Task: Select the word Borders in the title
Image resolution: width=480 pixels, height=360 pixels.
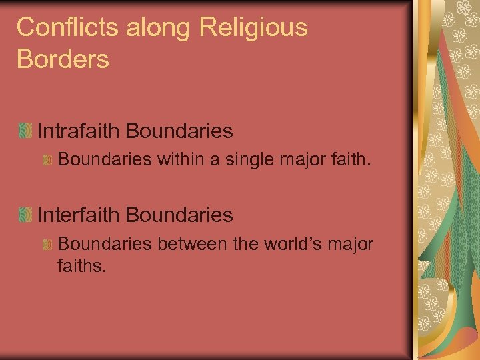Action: pos(63,59)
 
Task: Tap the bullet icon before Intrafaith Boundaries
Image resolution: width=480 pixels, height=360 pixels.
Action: pos(26,131)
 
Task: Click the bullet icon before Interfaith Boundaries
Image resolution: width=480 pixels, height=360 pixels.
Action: pos(26,215)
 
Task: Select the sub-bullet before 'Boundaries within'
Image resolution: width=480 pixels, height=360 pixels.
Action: pos(47,161)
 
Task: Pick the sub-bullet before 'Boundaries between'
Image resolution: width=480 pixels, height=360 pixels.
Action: pos(47,245)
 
